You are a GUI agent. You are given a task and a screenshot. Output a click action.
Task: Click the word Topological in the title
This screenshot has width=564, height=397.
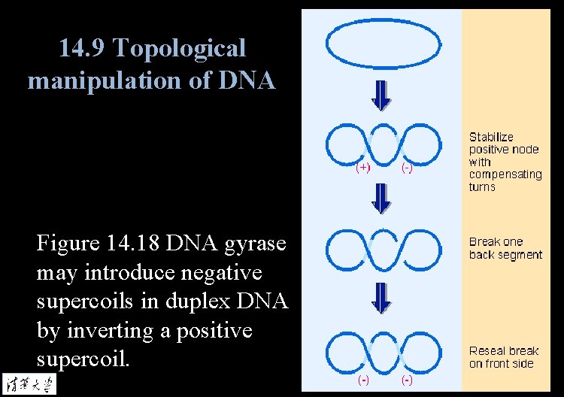coord(180,49)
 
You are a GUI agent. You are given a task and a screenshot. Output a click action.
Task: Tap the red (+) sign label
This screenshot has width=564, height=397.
coord(362,167)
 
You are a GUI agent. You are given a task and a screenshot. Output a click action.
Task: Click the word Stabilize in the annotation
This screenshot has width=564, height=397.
coord(491,137)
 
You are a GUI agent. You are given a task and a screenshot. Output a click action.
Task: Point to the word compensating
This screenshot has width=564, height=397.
coord(505,174)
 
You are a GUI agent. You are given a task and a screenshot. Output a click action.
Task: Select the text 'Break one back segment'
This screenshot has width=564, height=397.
coord(505,248)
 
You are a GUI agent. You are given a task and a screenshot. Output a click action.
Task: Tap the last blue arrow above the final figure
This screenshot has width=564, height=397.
coord(382,299)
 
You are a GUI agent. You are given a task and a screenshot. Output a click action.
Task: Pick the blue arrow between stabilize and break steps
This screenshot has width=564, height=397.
coord(382,198)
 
